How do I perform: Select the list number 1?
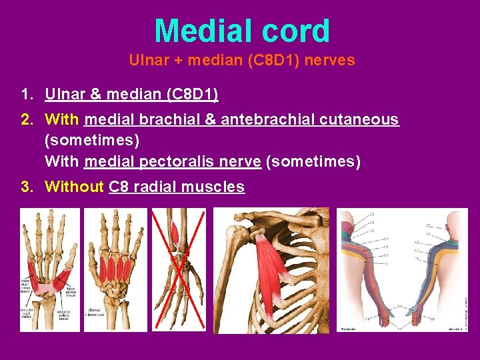pos(26,95)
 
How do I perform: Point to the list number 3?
pos(26,187)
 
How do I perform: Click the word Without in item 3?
pos(73,187)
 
